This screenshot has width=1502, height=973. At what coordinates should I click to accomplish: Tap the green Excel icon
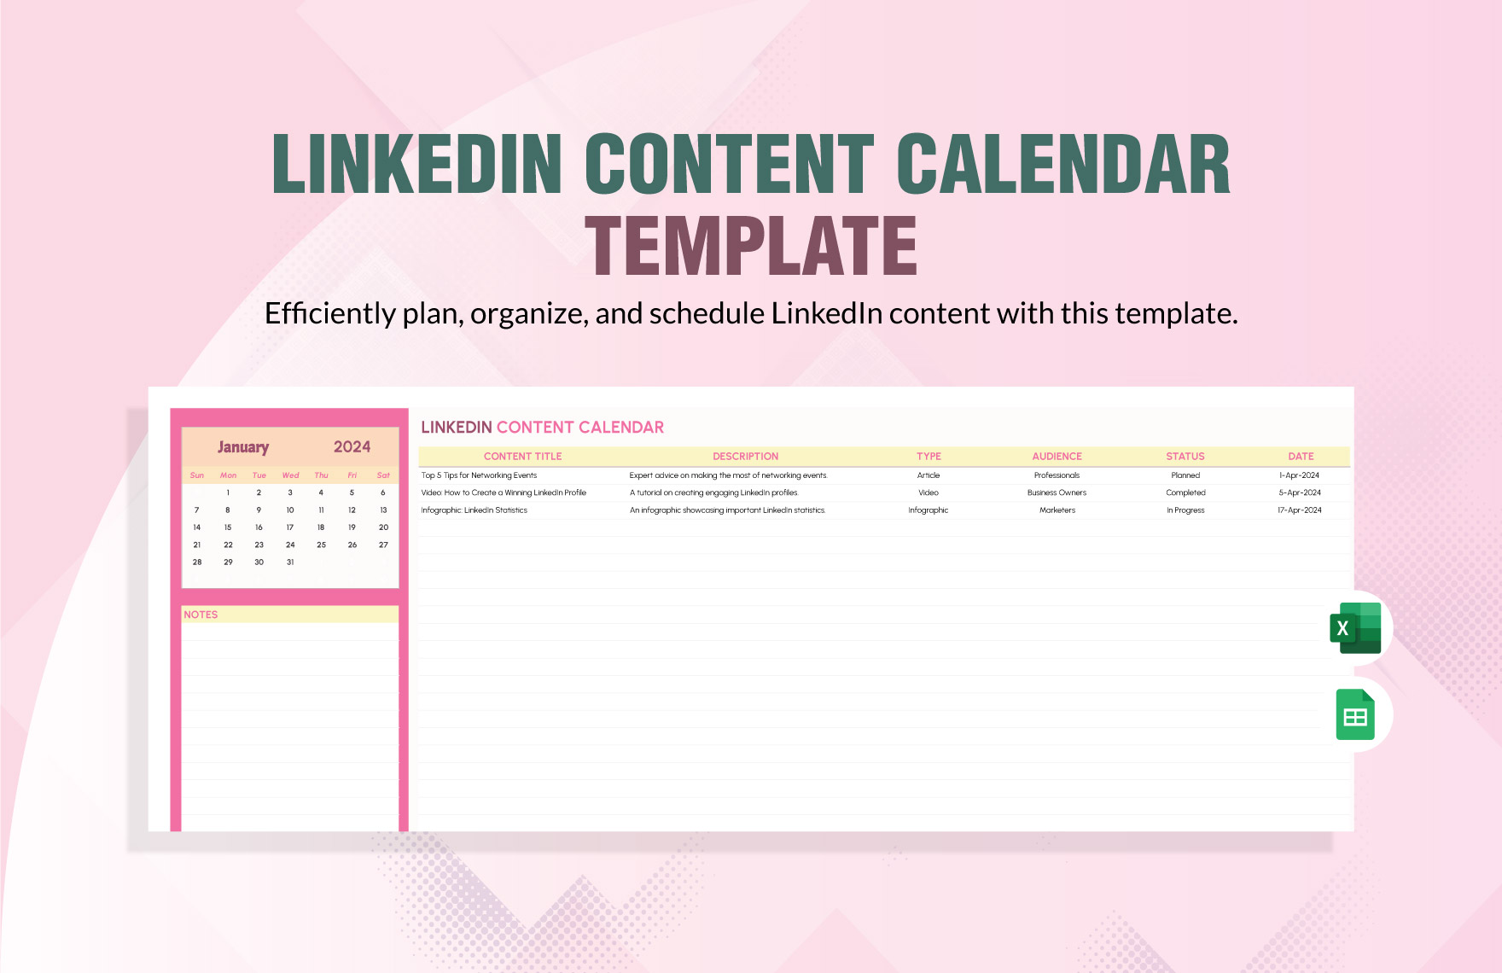[1355, 628]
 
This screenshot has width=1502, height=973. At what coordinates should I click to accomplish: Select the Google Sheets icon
[1355, 714]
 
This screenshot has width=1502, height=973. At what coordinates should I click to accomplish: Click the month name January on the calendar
[243, 447]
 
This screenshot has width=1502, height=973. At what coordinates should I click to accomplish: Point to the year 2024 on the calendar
[352, 447]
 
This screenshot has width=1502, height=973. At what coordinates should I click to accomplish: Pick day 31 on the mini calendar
[290, 562]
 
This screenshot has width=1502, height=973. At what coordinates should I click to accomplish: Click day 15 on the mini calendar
[228, 527]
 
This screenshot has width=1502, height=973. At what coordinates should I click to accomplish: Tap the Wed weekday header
[290, 475]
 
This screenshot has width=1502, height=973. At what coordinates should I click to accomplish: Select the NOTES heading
[201, 615]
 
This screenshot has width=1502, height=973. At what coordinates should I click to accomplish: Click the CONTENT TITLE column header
[522, 457]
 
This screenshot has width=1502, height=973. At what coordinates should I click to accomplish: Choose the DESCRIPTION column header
[745, 457]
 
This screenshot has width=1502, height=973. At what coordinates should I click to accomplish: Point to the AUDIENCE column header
[1057, 457]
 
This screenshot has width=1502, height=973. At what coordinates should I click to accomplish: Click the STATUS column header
[1185, 457]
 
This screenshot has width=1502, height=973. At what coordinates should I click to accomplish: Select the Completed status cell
[1185, 492]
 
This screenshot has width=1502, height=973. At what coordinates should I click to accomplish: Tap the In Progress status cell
[1185, 510]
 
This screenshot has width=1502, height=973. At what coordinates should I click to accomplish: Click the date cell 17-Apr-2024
[1299, 510]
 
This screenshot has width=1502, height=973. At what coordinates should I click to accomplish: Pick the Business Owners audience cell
[1057, 492]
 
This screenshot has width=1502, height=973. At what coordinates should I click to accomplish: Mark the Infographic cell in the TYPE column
[928, 510]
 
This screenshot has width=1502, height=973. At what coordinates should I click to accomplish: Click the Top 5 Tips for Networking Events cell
[479, 475]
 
